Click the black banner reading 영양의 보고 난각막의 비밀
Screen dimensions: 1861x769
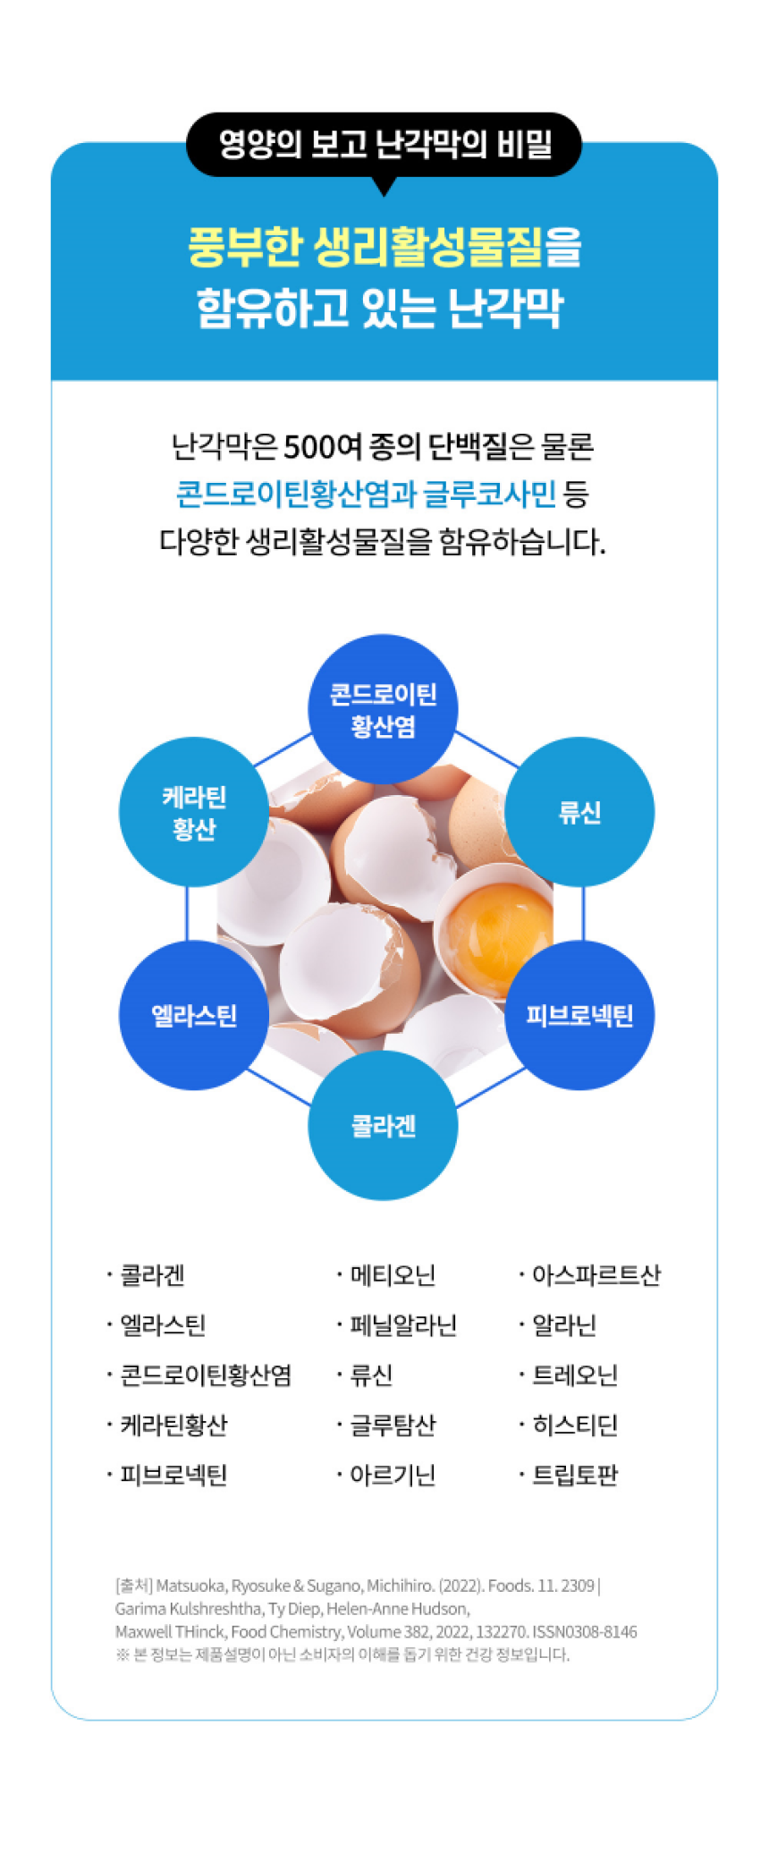(384, 144)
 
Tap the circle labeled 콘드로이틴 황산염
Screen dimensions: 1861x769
(383, 709)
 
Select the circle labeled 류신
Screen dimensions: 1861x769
(579, 812)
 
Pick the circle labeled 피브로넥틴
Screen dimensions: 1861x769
(579, 1015)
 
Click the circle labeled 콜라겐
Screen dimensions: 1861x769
(383, 1125)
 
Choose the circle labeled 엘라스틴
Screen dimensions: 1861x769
(194, 1015)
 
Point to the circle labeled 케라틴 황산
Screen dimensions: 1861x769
(194, 812)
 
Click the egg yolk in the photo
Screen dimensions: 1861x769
(497, 931)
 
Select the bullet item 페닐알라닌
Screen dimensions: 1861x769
(403, 1325)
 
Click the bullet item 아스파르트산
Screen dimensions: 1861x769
(596, 1275)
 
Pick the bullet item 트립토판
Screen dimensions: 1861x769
(575, 1475)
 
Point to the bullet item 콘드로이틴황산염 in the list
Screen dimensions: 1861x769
(206, 1375)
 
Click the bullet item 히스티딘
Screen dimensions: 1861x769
(575, 1425)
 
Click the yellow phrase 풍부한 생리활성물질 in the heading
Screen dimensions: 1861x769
(365, 248)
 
